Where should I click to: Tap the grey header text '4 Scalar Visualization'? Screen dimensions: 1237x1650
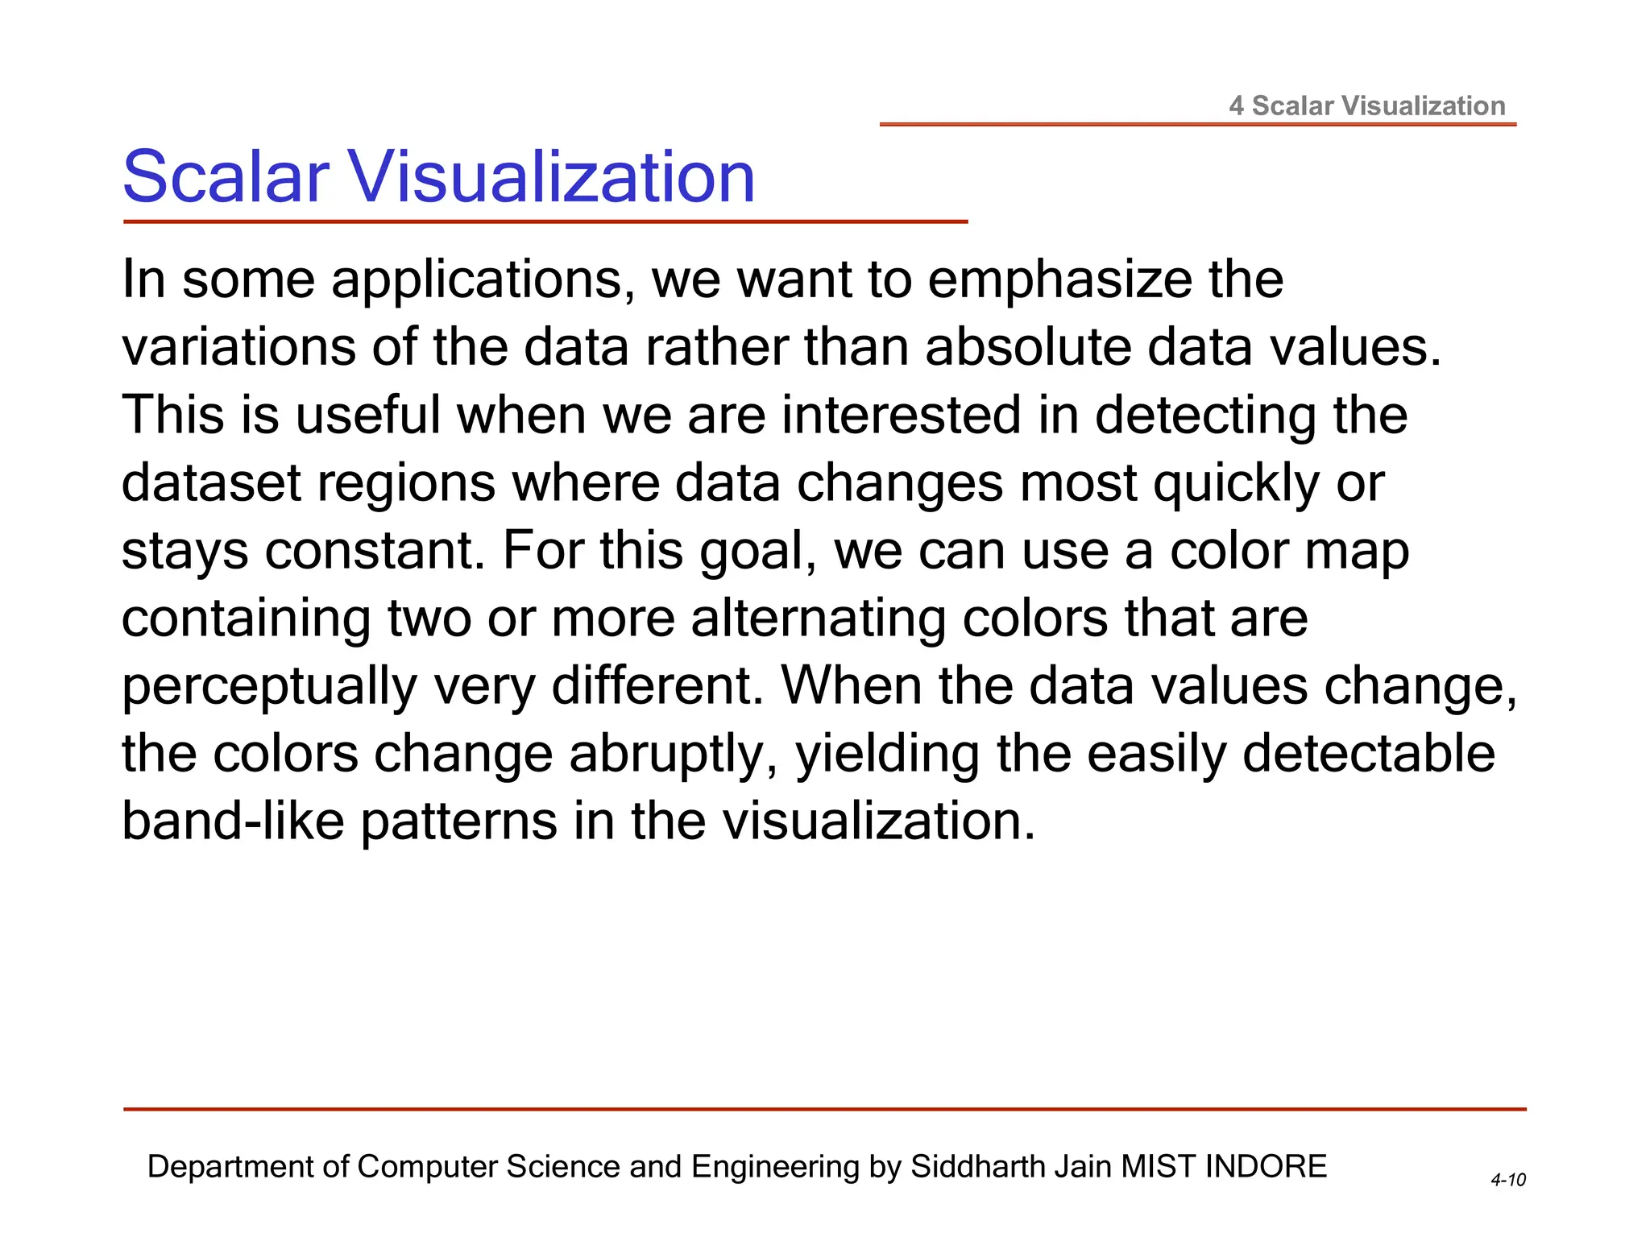click(1367, 105)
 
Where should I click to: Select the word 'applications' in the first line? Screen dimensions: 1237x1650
click(482, 279)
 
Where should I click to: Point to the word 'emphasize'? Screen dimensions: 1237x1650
click(1059, 279)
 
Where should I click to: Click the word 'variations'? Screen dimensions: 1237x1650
click(238, 347)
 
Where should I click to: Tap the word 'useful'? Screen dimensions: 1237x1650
click(368, 415)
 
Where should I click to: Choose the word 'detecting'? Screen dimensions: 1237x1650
click(1205, 415)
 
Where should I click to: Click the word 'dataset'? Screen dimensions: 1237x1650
click(211, 482)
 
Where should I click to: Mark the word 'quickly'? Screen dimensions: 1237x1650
click(1237, 484)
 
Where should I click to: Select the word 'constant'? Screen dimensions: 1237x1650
click(375, 551)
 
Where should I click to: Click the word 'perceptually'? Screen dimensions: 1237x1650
click(270, 687)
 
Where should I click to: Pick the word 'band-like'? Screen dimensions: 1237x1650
click(233, 821)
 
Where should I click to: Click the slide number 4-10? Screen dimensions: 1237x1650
click(1508, 1181)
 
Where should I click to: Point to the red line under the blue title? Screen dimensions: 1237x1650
click(545, 221)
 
